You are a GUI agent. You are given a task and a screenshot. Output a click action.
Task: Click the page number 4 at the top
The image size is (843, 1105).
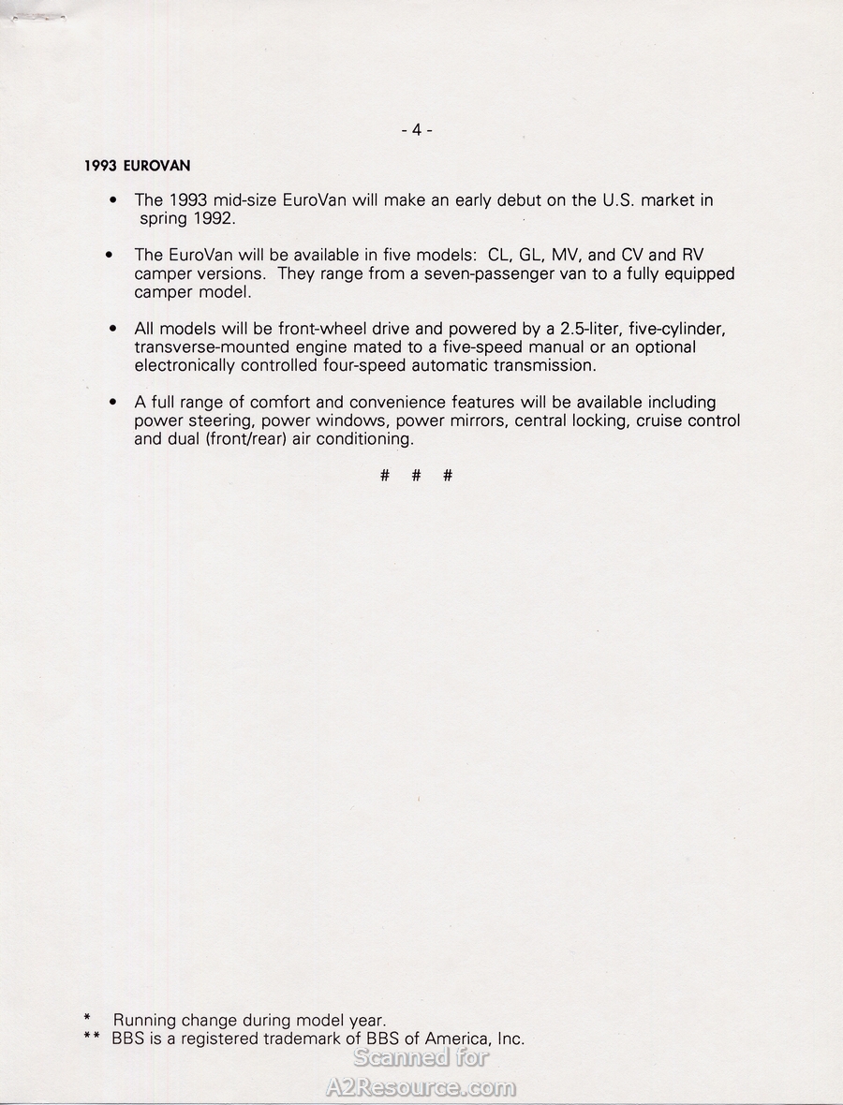(416, 130)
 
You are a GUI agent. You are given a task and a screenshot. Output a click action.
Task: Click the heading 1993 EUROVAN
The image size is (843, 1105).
(137, 166)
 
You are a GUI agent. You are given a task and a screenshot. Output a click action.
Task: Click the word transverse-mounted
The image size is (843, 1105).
(213, 347)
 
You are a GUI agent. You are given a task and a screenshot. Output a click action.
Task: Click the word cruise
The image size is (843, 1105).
(660, 420)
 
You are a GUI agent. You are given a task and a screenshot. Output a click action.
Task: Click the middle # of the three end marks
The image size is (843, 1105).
(416, 476)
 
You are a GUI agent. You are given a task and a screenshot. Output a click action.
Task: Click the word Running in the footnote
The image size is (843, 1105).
(145, 1021)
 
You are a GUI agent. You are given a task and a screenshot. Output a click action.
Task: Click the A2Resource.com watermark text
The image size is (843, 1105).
(421, 1087)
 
